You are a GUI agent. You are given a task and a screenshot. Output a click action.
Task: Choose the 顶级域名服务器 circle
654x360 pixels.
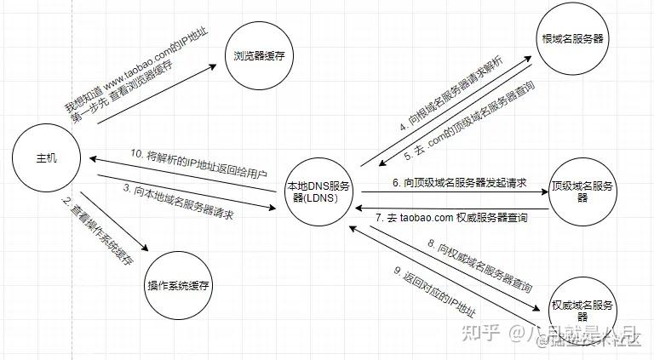[x=583, y=191]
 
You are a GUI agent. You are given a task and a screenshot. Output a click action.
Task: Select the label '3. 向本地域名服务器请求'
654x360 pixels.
[x=182, y=203]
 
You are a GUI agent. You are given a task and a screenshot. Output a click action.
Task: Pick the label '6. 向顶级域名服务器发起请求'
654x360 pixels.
[x=459, y=183]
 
